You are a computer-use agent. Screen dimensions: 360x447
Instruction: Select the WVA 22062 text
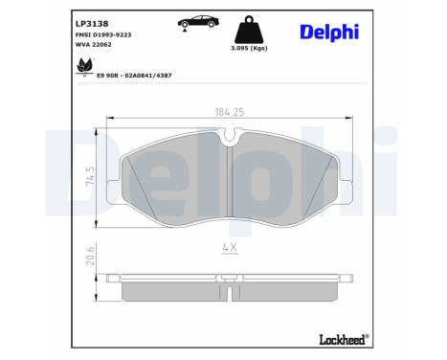coord(93,44)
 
